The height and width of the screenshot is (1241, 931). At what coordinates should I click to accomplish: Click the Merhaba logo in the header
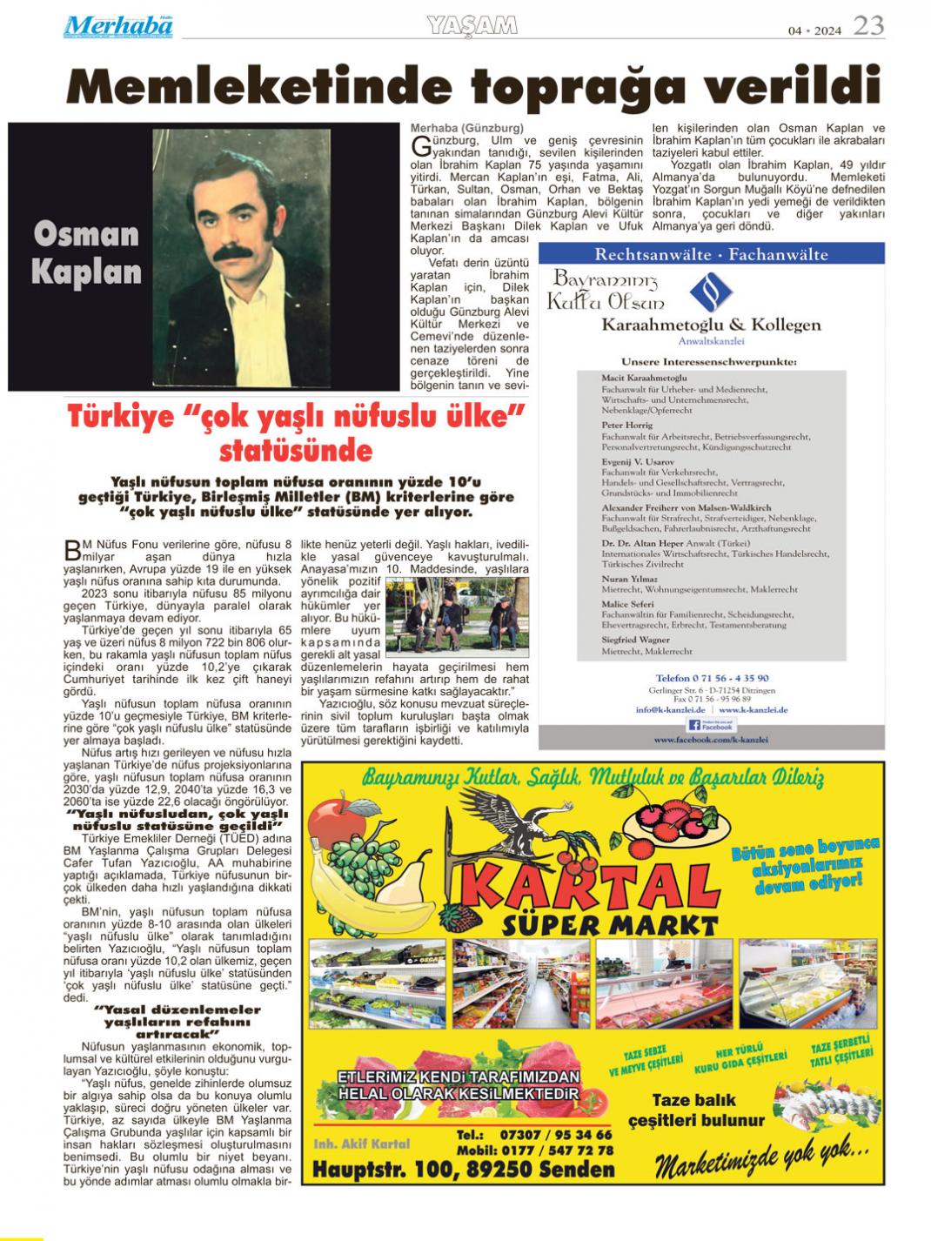pos(117,27)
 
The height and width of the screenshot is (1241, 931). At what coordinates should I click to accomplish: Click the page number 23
pos(867,26)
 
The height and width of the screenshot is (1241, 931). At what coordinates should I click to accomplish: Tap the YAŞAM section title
pos(472,26)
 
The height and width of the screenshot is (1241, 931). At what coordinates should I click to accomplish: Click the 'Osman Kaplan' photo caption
pos(86,253)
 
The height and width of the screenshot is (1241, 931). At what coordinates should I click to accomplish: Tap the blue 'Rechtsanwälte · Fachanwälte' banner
pos(711,254)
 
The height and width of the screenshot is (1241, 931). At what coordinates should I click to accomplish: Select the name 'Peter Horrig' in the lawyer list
pos(626,426)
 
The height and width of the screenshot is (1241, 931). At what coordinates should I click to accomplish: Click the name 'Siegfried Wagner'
pos(637,640)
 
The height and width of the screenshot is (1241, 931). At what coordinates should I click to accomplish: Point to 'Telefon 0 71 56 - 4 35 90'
pos(712,678)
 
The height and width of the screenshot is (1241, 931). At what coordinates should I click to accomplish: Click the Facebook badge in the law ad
pos(711,724)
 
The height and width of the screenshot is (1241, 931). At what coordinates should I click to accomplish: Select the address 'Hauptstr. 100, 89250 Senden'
pos(463,1170)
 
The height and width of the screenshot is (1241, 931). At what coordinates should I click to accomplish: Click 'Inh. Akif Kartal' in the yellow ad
pos(361,1143)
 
